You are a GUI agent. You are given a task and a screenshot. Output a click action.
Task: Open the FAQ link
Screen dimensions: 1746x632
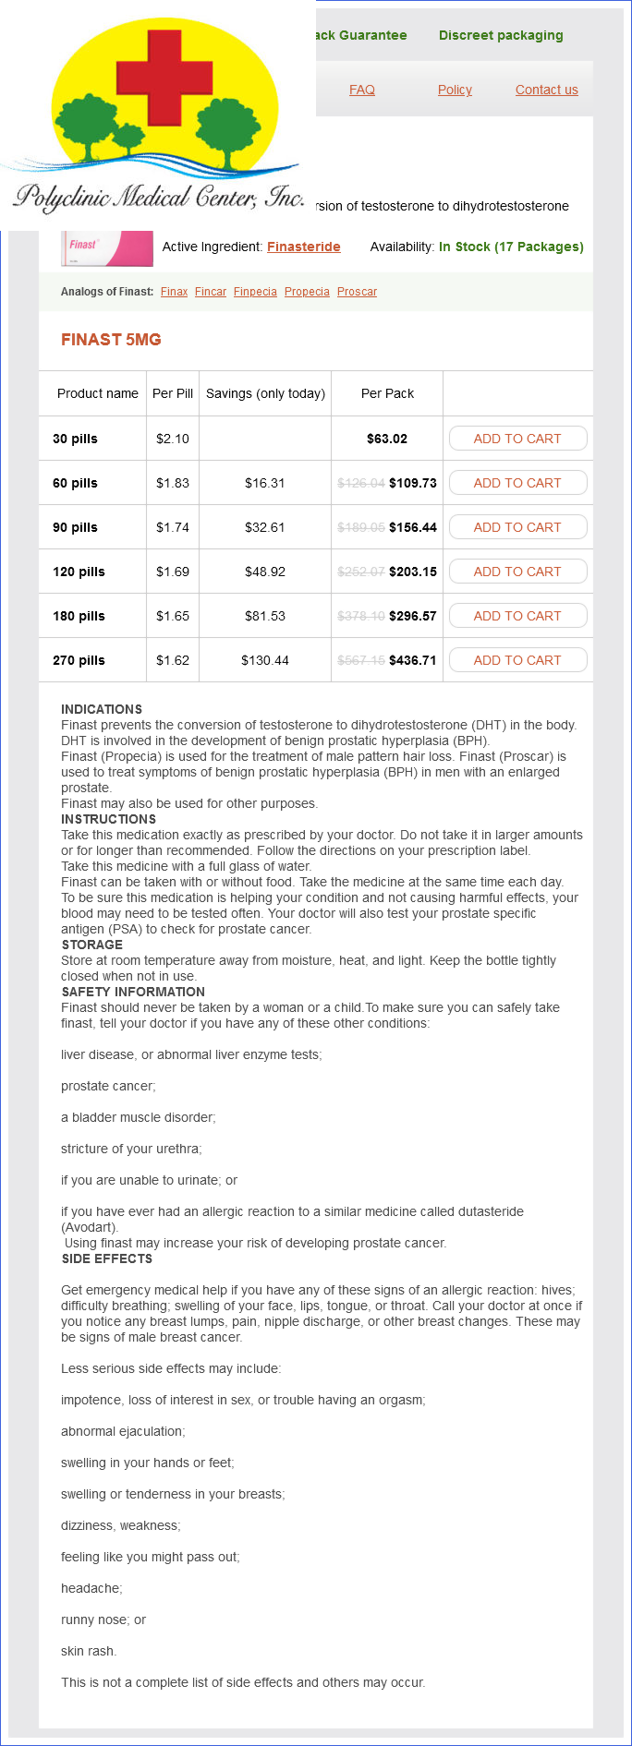point(362,90)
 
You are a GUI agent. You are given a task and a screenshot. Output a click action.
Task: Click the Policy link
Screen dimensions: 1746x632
point(455,90)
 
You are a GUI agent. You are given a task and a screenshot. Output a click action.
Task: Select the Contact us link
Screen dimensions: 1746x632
point(546,90)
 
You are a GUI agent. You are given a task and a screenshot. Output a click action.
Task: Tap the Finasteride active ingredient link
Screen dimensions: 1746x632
point(303,247)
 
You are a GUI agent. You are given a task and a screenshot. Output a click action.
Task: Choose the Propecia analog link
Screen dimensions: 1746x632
point(307,292)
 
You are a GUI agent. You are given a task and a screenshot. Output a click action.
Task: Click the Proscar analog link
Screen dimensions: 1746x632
point(357,292)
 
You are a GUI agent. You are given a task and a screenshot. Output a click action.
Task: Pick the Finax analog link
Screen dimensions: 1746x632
point(174,292)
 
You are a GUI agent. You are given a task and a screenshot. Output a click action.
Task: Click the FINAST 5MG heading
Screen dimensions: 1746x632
point(111,340)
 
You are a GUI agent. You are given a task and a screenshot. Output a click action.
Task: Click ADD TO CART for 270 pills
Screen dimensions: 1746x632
point(517,660)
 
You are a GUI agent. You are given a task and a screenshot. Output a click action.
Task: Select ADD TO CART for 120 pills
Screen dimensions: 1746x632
point(517,572)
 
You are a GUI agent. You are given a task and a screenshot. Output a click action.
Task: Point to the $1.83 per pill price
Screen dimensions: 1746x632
point(173,483)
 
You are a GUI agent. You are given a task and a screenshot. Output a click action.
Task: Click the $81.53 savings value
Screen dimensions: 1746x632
point(265,616)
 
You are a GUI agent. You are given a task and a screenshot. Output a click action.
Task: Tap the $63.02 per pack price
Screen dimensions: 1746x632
point(387,439)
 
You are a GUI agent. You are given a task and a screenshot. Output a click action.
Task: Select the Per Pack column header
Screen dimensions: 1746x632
point(387,393)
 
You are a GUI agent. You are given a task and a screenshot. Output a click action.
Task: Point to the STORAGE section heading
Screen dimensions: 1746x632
point(91,945)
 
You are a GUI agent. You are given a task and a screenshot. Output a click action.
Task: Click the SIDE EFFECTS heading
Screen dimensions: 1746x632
point(106,1258)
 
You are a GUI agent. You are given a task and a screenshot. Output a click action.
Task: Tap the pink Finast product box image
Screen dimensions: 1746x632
point(107,248)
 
